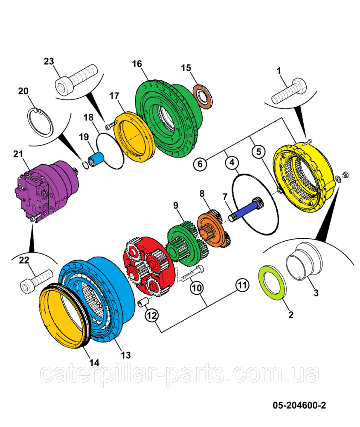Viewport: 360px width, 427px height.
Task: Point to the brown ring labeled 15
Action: pyautogui.click(x=203, y=96)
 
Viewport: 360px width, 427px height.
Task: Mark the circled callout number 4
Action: pyautogui.click(x=231, y=162)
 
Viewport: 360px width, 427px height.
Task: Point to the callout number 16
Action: pyautogui.click(x=136, y=64)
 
